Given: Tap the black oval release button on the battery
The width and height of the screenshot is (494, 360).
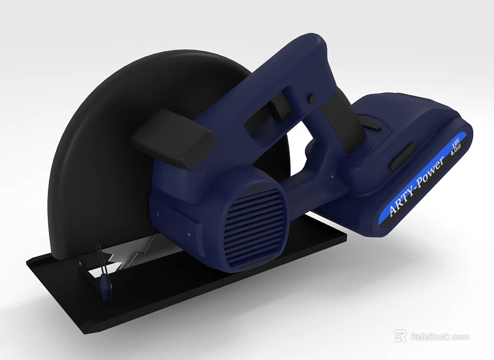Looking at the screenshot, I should tap(403, 155).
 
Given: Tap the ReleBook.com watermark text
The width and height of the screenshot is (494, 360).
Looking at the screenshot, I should tap(440, 336).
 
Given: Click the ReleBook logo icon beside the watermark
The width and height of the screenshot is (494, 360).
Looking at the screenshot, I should tap(401, 336).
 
